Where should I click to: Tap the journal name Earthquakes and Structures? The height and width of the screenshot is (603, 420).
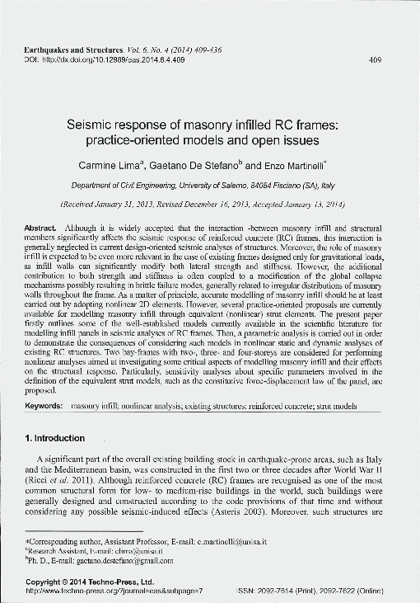pos(73,50)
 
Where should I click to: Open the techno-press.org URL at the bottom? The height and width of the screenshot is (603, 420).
pos(114,591)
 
